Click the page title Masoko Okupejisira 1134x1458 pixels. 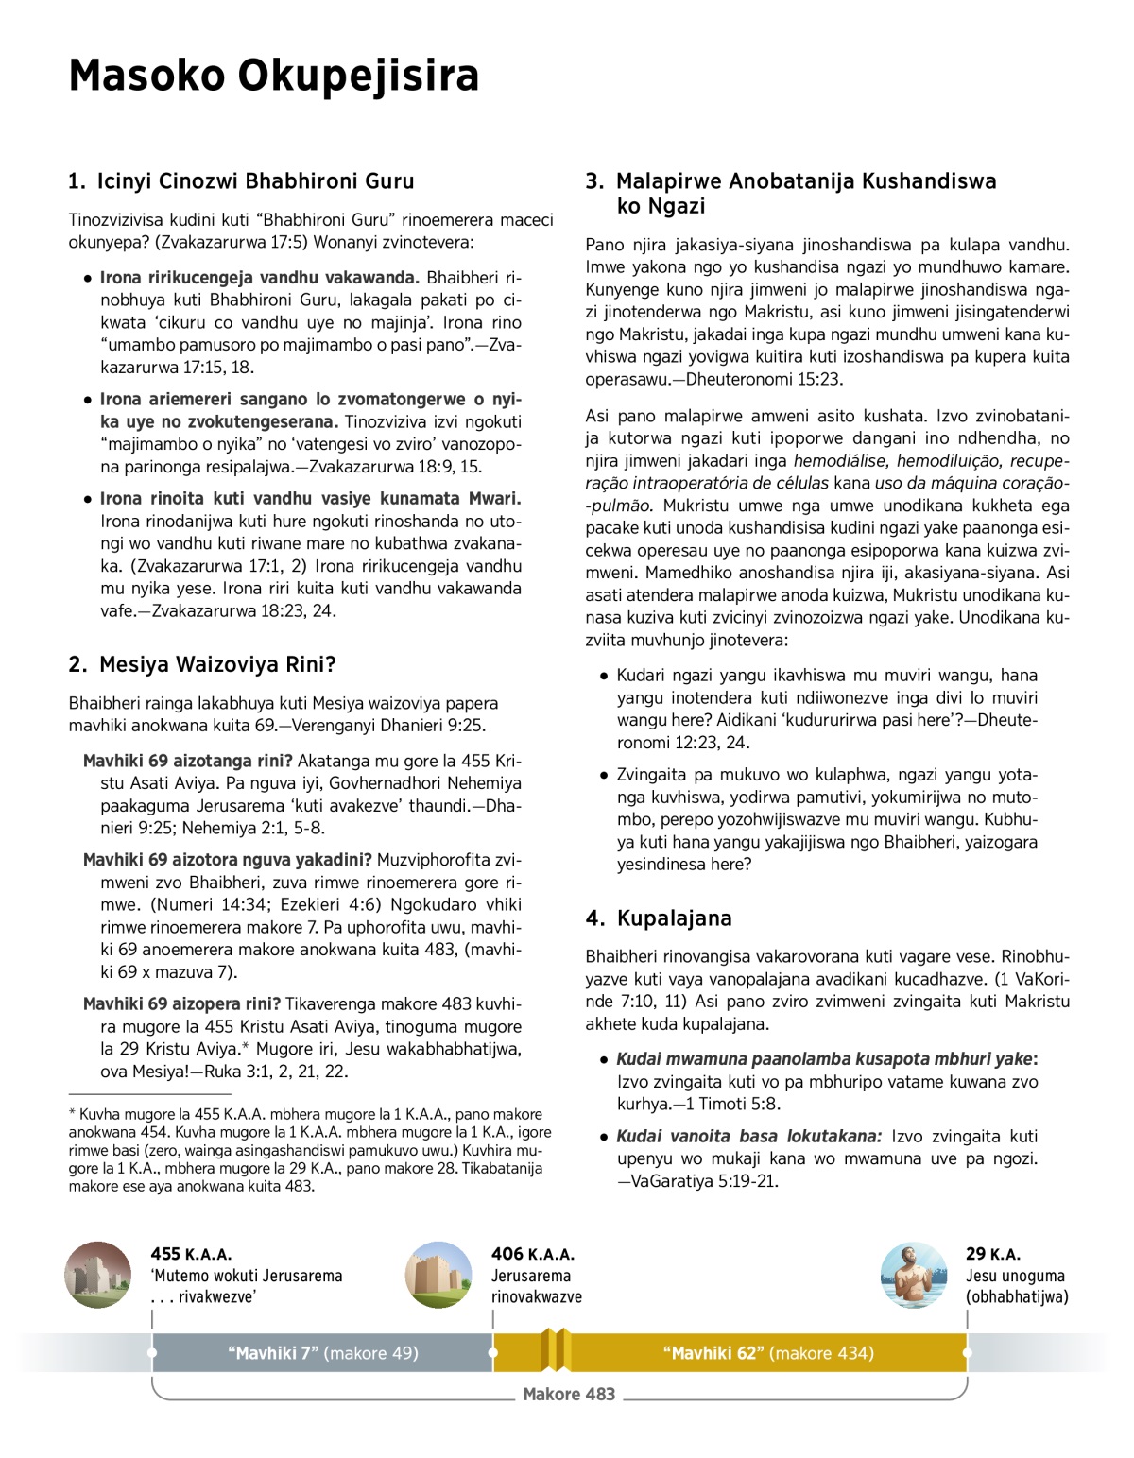click(x=274, y=76)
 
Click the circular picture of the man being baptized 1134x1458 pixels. click(x=914, y=1275)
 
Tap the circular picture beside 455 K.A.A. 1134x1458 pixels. click(x=98, y=1275)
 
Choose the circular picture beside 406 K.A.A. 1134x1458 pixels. click(x=438, y=1275)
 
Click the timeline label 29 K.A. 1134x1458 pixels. click(x=992, y=1254)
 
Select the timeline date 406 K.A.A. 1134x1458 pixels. click(x=532, y=1254)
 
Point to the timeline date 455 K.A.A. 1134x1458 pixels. click(x=191, y=1254)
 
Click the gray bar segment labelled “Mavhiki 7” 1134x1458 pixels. click(x=322, y=1353)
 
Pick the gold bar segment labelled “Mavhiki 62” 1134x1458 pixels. click(x=767, y=1353)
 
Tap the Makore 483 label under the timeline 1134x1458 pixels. click(x=569, y=1394)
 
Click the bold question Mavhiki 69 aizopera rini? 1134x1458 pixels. click(x=181, y=1003)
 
